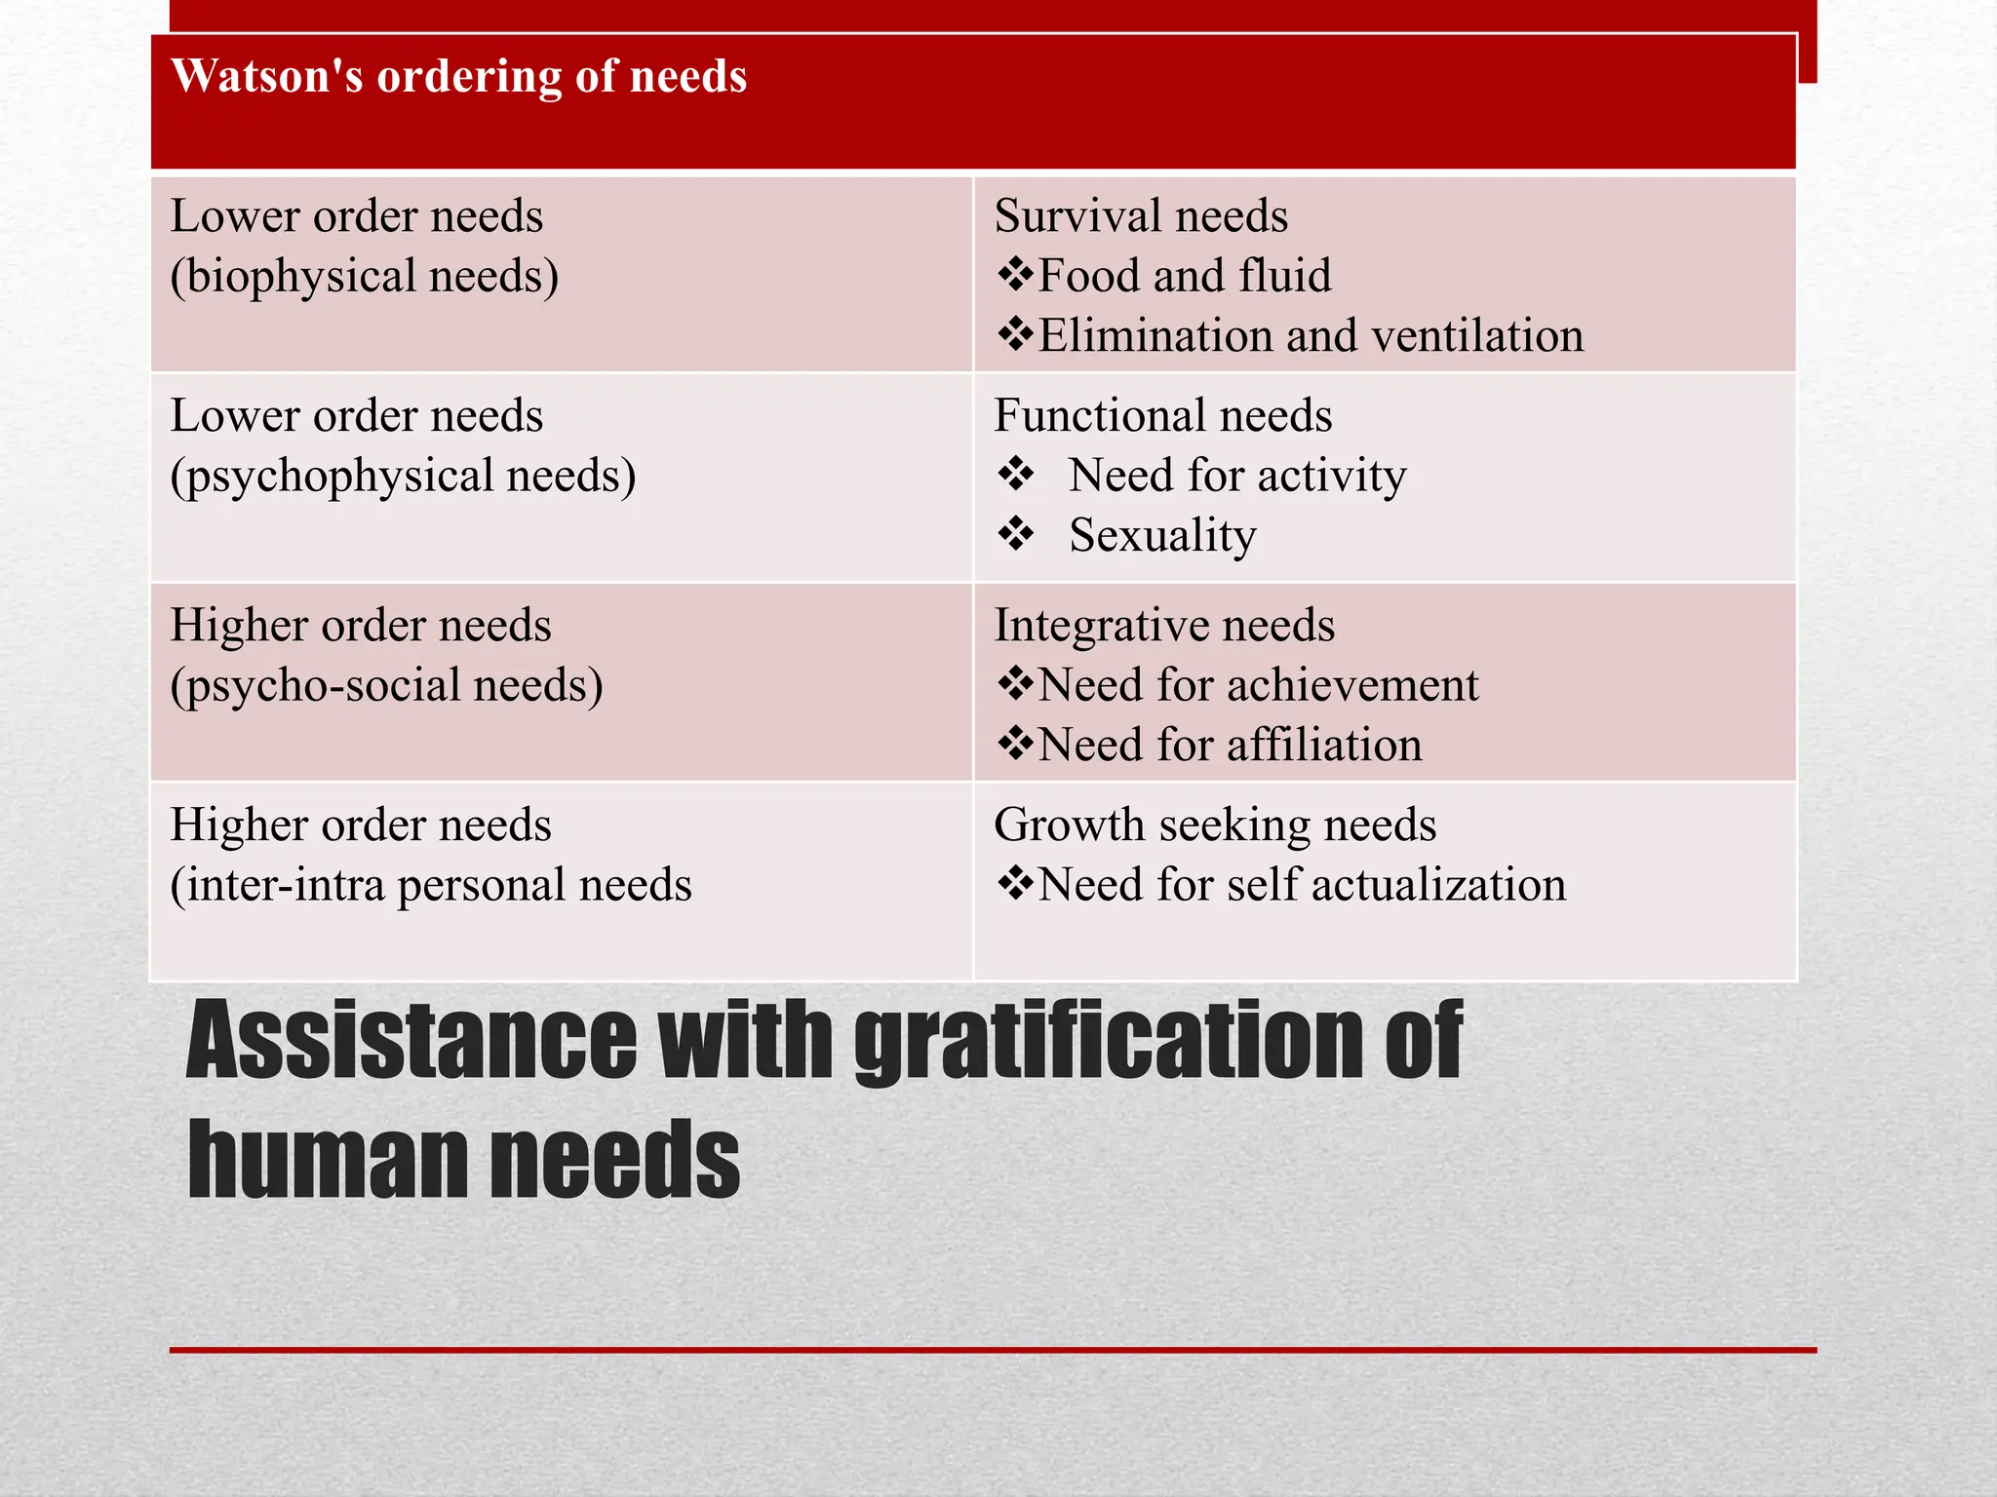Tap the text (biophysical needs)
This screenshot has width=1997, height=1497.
click(x=365, y=277)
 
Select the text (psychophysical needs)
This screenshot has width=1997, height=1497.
click(x=403, y=477)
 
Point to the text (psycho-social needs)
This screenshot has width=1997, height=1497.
click(x=386, y=686)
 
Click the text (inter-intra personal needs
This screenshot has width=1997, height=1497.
click(x=431, y=886)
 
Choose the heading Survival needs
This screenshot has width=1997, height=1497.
click(x=1141, y=216)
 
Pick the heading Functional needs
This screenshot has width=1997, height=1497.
click(x=1162, y=416)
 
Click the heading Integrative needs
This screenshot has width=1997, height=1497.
click(x=1164, y=626)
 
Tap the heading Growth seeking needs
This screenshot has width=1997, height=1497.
click(x=1215, y=825)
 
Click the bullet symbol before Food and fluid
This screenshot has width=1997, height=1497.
click(x=1015, y=276)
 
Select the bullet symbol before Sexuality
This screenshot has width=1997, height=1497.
click(x=1015, y=535)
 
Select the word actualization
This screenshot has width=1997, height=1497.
click(x=1438, y=886)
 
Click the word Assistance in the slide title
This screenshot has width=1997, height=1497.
click(x=411, y=1041)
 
